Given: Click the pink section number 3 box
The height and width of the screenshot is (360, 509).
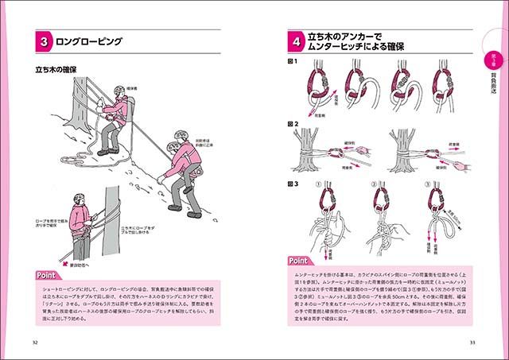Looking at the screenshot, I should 46,41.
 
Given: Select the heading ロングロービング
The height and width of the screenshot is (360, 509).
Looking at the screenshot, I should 92,41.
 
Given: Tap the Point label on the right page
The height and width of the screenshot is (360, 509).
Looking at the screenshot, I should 300,260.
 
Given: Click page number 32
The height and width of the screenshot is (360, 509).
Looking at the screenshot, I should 34,343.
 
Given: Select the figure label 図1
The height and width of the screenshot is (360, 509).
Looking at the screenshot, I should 293,62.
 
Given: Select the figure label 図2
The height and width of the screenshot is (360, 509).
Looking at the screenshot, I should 293,124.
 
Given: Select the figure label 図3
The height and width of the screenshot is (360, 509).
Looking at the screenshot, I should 293,183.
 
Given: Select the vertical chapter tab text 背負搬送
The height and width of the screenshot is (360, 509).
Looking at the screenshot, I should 492,83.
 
